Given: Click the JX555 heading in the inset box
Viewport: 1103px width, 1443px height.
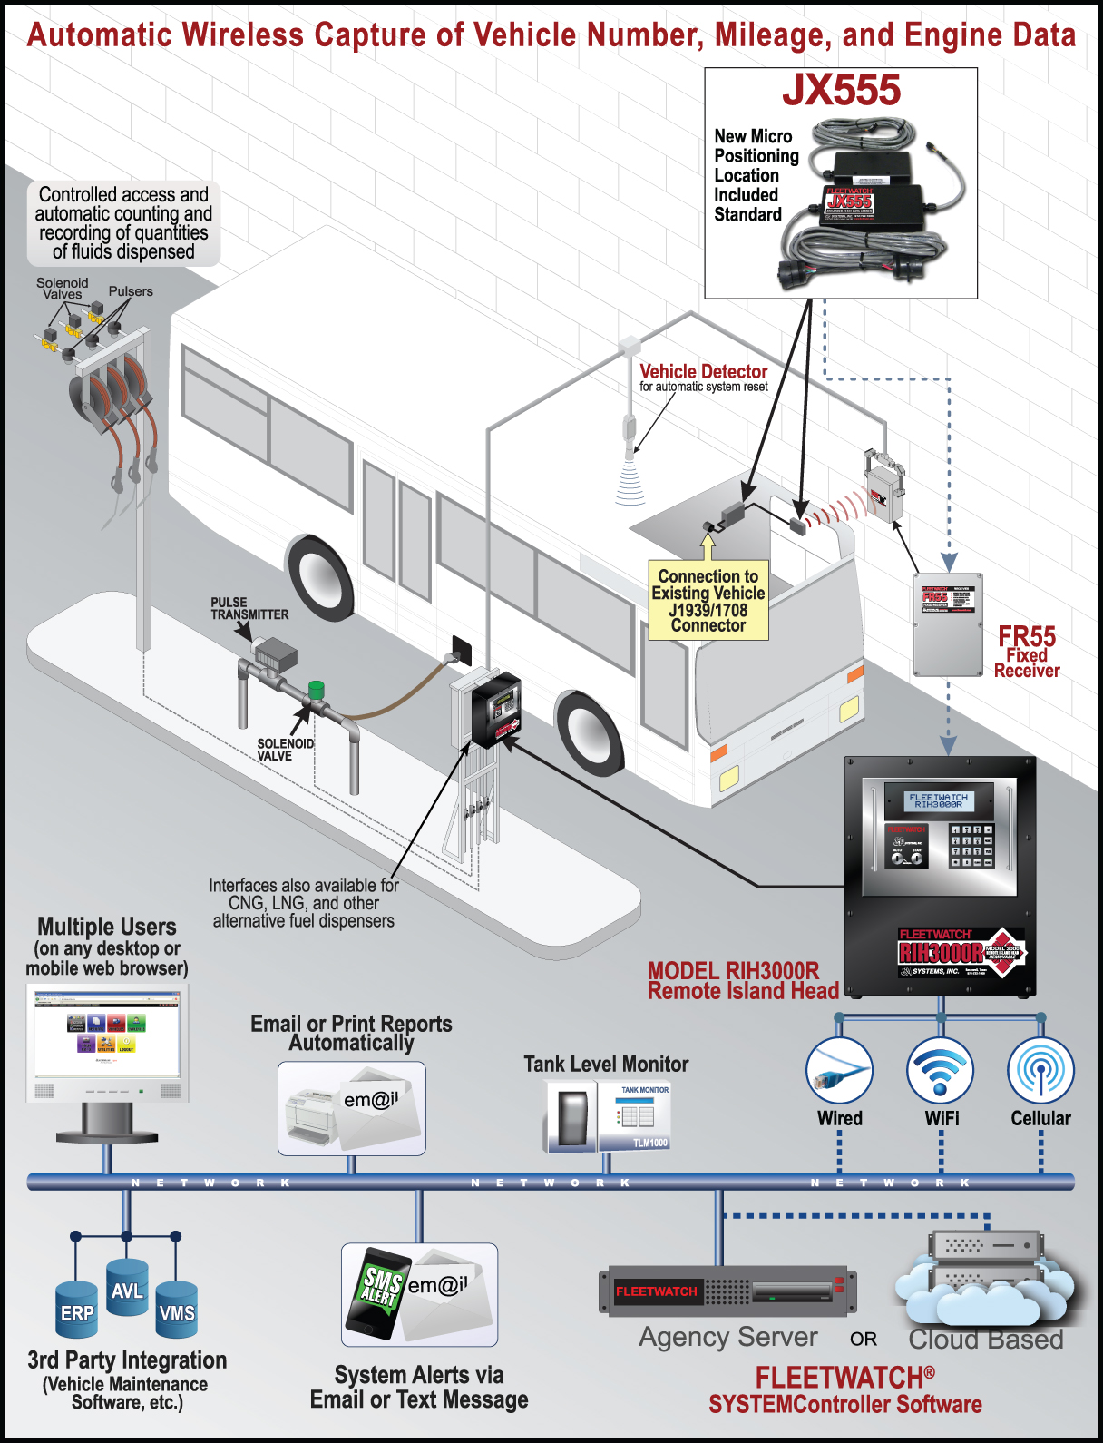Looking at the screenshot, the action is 841,91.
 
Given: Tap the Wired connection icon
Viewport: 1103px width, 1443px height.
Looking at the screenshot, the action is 839,1071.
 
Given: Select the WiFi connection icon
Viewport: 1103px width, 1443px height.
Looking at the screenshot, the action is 941,1071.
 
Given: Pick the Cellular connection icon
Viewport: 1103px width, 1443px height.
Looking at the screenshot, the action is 1040,1071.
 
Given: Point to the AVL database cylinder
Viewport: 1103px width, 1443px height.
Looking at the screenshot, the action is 127,1288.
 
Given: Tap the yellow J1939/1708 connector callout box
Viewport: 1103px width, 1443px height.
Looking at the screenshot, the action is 708,601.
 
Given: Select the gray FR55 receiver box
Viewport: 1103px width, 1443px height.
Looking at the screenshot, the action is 948,623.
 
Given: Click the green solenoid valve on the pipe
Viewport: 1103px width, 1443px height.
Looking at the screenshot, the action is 317,690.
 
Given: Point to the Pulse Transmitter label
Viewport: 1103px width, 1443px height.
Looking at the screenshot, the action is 249,608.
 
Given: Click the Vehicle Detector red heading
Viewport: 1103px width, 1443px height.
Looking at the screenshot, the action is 703,371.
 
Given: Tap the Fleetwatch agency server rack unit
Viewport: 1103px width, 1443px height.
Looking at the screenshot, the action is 726,1290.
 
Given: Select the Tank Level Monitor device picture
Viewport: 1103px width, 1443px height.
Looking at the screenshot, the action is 607,1115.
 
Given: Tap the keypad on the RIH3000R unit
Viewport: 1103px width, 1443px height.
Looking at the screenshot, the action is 971,845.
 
